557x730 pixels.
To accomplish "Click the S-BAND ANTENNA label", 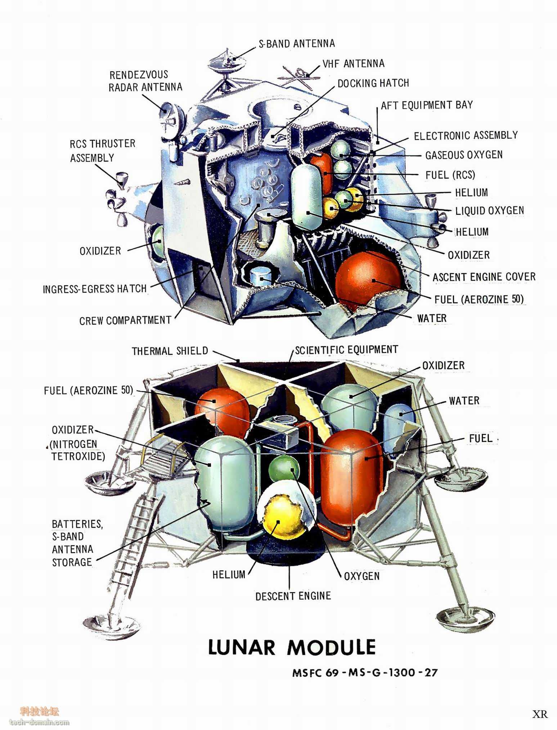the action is [297, 44].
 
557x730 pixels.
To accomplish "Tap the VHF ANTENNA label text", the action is [353, 64].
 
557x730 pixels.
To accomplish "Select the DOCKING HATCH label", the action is [373, 83].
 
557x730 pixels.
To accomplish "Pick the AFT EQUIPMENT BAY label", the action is [427, 105].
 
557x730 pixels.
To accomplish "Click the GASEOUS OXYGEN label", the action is [464, 155].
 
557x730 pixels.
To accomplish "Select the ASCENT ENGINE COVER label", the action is [484, 277].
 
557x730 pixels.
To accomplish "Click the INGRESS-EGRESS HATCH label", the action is [95, 289].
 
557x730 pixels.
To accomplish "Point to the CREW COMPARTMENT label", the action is [125, 320].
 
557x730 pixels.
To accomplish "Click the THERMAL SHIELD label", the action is [170, 351].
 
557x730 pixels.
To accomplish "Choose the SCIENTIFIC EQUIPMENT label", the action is [346, 350].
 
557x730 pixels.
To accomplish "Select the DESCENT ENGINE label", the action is [293, 596].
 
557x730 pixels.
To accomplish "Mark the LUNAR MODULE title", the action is [292, 648].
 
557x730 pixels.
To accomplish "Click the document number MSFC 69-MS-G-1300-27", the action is [365, 672].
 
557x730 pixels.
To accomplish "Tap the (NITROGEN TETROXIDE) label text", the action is [78, 450].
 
